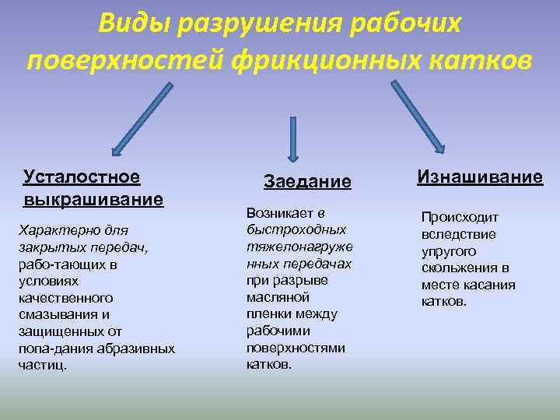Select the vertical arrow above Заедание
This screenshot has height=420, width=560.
tap(293, 139)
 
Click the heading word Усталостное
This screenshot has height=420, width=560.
tap(82, 177)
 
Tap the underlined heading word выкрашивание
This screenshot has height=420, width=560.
tap(93, 199)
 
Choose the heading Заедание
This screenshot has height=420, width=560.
tap(307, 181)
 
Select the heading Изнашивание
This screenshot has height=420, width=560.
tap(479, 177)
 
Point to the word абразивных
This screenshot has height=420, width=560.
tap(137, 348)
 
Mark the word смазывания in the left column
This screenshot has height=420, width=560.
tap(59, 314)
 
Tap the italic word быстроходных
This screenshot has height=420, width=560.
tap(296, 229)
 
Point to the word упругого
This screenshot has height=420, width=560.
tap(448, 251)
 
